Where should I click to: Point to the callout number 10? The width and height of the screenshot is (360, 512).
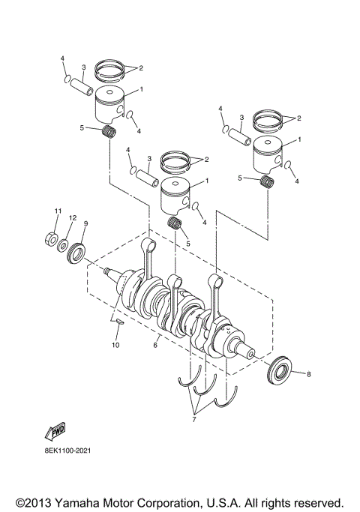[x=115, y=345]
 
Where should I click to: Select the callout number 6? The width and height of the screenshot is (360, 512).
[x=155, y=346]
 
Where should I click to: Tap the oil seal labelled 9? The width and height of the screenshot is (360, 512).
[x=78, y=252]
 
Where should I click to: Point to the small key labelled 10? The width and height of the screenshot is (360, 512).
[x=118, y=321]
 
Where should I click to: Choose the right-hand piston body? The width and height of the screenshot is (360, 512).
[x=268, y=156]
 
